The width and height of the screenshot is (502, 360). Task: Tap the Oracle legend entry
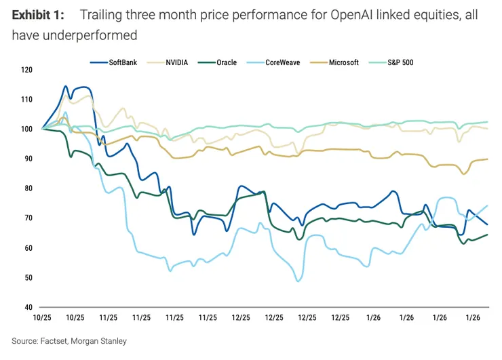click(225, 62)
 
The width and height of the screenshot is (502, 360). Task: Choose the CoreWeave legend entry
click(282, 62)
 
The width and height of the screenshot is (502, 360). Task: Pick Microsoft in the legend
click(343, 62)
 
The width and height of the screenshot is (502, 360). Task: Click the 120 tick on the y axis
click(26, 70)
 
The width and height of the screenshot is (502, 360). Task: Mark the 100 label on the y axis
click(26, 129)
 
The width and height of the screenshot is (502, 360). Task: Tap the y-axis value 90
click(28, 159)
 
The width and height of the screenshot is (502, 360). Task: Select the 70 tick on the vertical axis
click(28, 218)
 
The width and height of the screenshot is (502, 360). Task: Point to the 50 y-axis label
click(28, 278)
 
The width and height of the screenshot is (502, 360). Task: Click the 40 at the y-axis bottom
click(28, 307)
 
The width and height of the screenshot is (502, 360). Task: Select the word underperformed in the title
click(88, 35)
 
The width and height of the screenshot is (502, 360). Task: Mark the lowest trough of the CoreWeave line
click(298, 281)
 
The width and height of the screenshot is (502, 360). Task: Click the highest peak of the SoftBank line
click(66, 86)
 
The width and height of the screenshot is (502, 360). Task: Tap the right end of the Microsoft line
click(488, 159)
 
